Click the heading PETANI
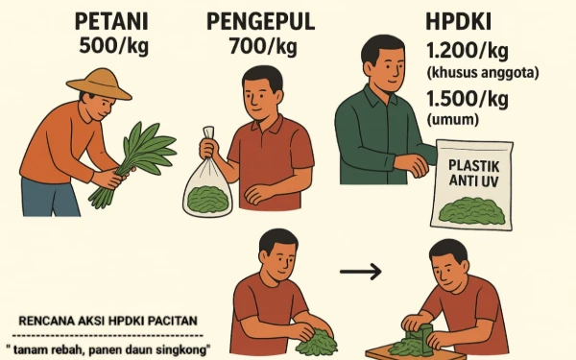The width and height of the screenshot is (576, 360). [111, 22]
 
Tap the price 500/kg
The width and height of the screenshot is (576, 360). [114, 46]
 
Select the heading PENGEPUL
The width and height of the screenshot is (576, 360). [261, 21]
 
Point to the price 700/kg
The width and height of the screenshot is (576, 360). [263, 47]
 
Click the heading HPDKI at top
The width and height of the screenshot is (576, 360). [459, 22]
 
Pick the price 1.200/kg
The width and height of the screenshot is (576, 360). [468, 51]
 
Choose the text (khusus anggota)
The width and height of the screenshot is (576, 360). [482, 73]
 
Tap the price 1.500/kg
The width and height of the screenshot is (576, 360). [468, 99]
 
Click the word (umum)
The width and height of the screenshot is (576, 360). [452, 120]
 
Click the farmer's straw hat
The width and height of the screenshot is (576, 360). [99, 84]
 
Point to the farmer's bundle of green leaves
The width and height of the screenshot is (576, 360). [134, 161]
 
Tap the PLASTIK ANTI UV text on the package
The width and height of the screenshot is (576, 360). [474, 174]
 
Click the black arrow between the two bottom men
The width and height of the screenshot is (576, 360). [361, 272]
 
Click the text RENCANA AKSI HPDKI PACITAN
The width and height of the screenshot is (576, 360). [108, 321]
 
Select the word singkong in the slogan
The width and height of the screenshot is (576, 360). [181, 349]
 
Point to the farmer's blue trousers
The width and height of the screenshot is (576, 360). [51, 197]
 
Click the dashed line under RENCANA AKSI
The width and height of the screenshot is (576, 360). [108, 335]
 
